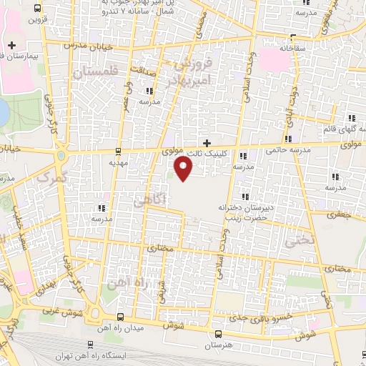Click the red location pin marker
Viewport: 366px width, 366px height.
[184, 169]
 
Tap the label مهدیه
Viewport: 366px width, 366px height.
[118, 162]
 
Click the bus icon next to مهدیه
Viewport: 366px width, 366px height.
[119, 152]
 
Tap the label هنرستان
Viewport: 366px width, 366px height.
[218, 345]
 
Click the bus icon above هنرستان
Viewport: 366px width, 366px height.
[217, 334]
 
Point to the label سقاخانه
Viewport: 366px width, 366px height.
[293, 48]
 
